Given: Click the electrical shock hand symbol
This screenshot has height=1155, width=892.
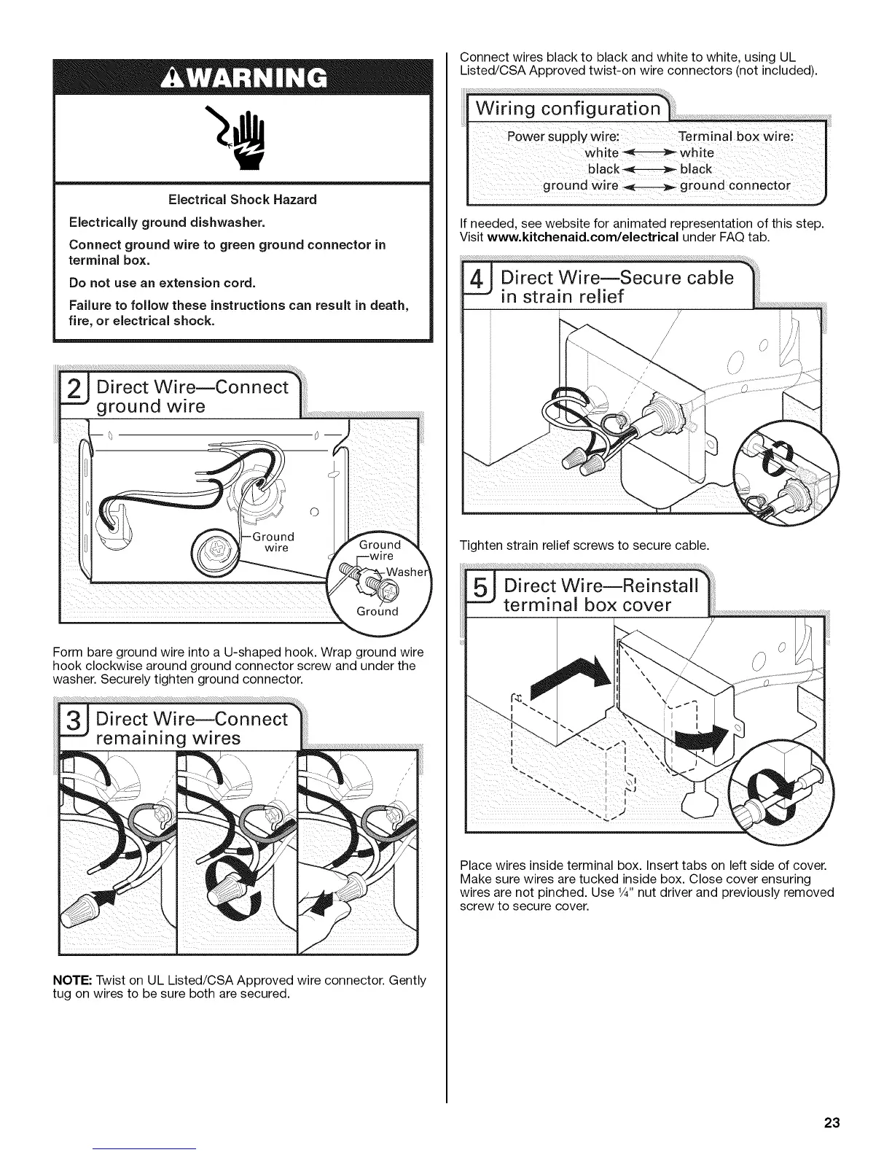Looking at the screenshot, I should (x=243, y=139).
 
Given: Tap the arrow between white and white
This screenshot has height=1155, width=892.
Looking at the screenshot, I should (x=649, y=153).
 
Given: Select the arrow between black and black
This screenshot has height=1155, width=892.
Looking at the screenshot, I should (x=649, y=169).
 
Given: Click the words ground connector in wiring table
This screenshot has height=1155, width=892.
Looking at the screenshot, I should (x=735, y=185).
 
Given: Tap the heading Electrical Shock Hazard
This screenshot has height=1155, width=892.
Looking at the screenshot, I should (x=243, y=199).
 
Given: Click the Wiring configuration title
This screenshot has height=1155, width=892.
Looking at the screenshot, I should (x=568, y=109).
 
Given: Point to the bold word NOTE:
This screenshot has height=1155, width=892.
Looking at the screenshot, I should (x=74, y=980).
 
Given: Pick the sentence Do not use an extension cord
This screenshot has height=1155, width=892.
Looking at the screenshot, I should (x=162, y=282).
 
